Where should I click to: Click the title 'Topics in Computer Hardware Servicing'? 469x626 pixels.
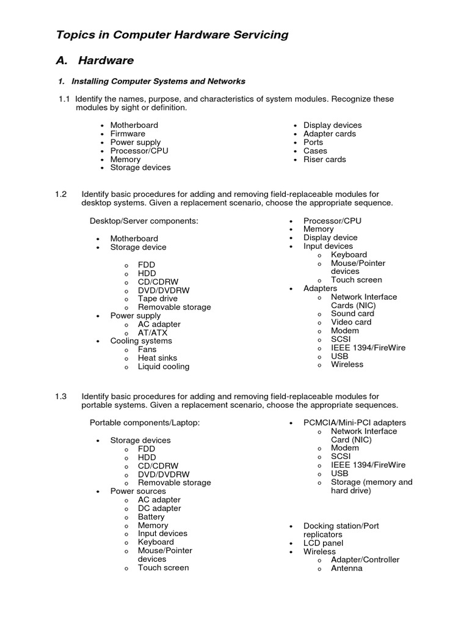point(172,35)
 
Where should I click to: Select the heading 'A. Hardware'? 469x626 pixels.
point(95,61)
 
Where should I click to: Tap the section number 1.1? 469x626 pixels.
point(64,99)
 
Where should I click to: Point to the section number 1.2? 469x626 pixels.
point(60,194)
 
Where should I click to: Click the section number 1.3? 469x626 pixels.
point(60,397)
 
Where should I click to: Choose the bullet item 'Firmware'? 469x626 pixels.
point(128,134)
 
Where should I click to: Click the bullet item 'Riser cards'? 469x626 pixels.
point(324,160)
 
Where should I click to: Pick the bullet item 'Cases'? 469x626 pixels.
point(315,151)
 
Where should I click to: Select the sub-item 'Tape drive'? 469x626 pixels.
point(158,299)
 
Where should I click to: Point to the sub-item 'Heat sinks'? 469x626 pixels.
point(157,358)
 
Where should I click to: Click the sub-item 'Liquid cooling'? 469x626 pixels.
point(163,367)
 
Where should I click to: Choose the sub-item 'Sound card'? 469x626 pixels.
point(352,314)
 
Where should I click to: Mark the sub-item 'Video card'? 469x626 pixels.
point(351,322)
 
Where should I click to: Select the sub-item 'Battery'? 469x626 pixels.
point(151,517)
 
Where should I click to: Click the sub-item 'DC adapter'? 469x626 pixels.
point(159,509)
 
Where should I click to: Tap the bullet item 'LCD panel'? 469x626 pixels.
point(323,543)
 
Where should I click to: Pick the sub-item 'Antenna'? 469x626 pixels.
point(346,569)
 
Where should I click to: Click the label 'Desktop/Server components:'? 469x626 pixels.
point(144,221)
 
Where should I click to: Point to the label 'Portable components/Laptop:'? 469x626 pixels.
point(145,423)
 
